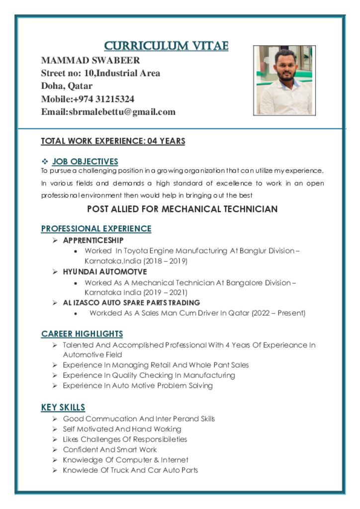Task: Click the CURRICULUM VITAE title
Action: point(166,46)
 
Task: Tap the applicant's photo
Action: point(284,81)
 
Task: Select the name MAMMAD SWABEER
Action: point(90,61)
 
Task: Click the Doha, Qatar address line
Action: point(67,86)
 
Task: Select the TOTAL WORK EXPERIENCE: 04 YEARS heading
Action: point(113,141)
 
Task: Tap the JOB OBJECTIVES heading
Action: point(85,162)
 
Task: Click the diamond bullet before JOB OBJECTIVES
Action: point(44,162)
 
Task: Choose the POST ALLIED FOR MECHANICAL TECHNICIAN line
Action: point(182,209)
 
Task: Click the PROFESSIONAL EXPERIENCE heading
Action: point(96,229)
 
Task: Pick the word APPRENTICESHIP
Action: point(93,241)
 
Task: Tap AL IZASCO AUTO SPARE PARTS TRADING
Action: point(131,303)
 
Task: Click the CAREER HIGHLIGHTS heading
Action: point(82,334)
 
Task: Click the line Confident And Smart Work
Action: point(110,450)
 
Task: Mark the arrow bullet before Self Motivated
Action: point(55,429)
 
